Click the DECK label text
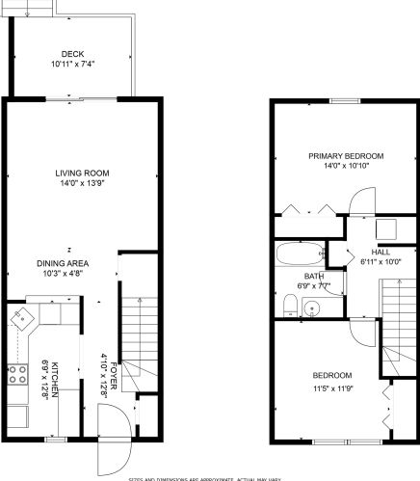[x=72, y=54]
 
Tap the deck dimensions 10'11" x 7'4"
[x=72, y=64]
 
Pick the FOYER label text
[x=113, y=379]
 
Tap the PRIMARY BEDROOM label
[x=346, y=155]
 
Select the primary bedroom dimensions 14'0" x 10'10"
[x=346, y=166]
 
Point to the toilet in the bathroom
[x=289, y=305]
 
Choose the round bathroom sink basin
[x=310, y=308]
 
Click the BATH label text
[x=287, y=276]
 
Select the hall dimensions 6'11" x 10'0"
[x=372, y=260]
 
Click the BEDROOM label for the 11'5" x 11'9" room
[x=331, y=375]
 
